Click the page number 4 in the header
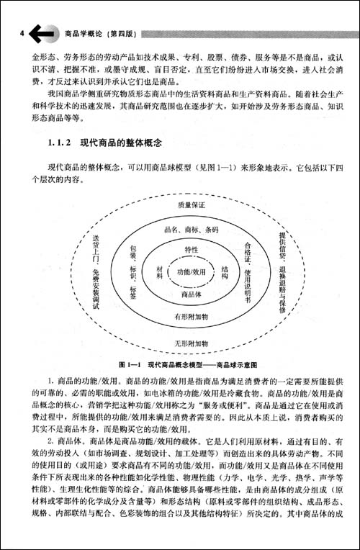[x=23, y=32]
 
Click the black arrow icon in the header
[x=44, y=32]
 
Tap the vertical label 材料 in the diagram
[x=158, y=272]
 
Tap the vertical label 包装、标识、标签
[x=133, y=273]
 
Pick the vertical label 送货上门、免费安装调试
[x=94, y=272]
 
